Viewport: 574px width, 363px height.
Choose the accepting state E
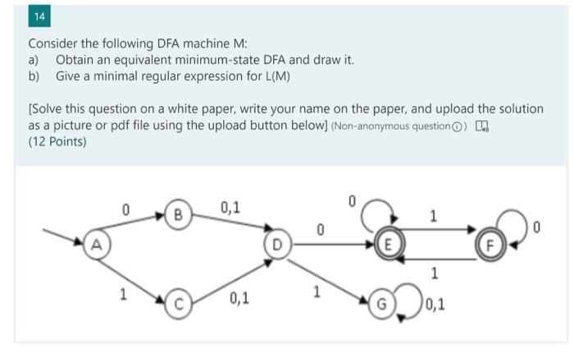tap(388, 244)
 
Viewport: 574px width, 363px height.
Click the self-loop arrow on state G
tap(409, 303)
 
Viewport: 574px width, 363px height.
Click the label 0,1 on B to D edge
tap(230, 207)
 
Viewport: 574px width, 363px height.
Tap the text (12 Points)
tap(57, 140)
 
